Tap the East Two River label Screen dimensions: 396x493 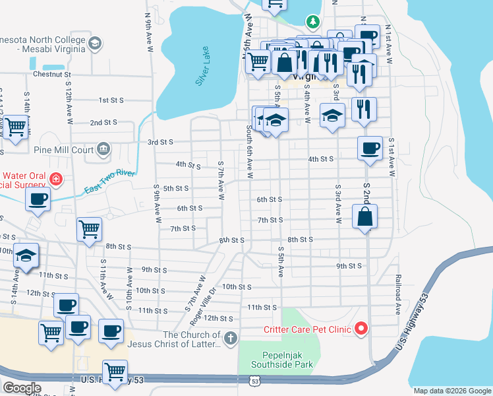point(109,183)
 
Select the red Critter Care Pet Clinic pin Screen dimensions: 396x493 point(361,328)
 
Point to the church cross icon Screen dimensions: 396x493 point(230,339)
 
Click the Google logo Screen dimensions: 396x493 point(22,388)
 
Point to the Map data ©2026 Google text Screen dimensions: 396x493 point(451,391)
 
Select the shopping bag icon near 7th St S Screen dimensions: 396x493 point(364,216)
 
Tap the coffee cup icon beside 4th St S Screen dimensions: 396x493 point(370,148)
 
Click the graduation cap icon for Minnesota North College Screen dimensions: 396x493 point(94,44)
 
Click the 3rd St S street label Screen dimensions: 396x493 point(160,142)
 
